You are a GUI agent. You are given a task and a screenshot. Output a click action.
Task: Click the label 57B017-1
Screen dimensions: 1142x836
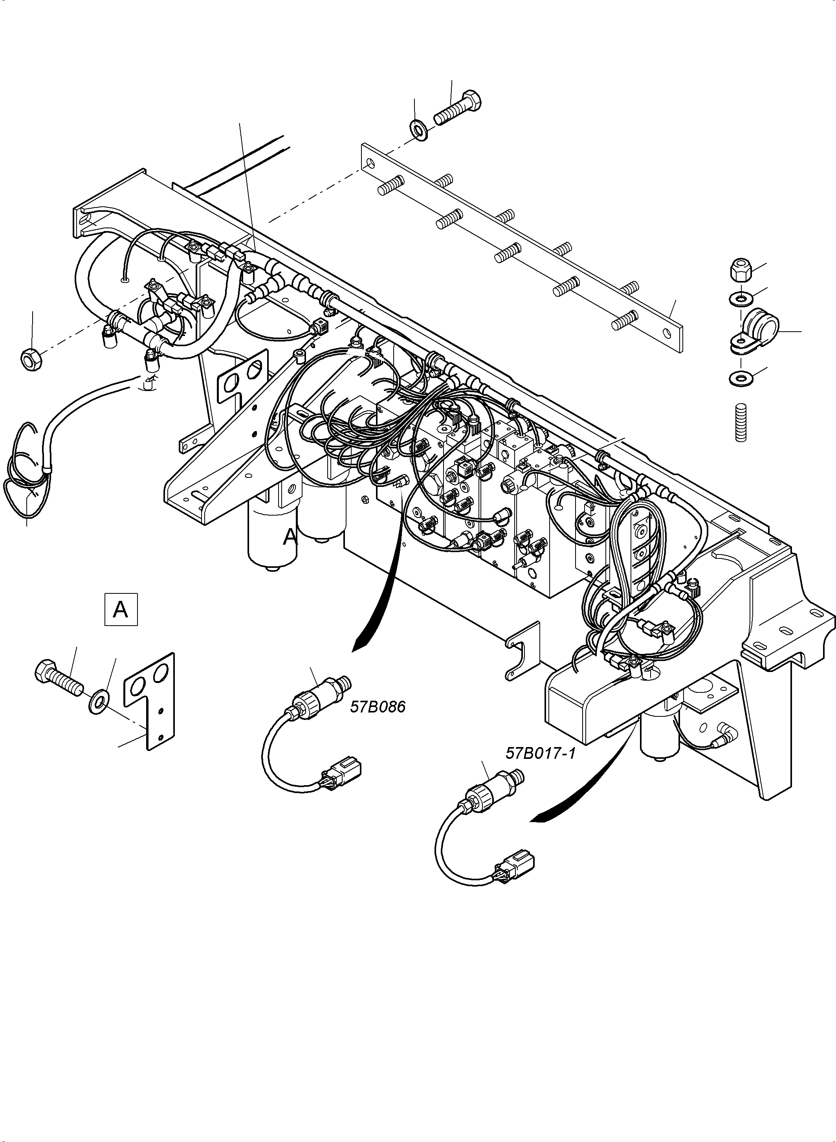click(541, 768)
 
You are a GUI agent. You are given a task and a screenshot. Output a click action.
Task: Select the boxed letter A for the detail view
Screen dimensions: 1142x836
click(121, 610)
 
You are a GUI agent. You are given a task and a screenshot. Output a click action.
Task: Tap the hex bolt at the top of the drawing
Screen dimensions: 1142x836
click(458, 108)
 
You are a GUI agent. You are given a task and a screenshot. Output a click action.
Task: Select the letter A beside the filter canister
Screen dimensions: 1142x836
click(290, 536)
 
